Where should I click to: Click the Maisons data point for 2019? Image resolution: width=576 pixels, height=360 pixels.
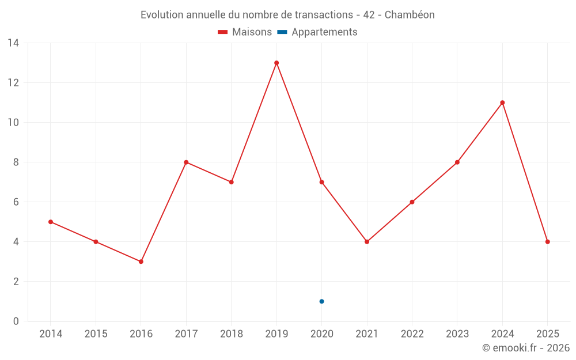pyautogui.click(x=276, y=63)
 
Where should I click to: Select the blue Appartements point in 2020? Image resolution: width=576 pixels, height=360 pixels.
pyautogui.click(x=321, y=301)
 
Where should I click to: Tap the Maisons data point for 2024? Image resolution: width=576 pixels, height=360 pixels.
pyautogui.click(x=502, y=103)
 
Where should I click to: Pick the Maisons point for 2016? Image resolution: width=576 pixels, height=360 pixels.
pyautogui.click(x=141, y=262)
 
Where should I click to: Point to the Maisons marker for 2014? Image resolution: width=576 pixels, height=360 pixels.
pyautogui.click(x=51, y=222)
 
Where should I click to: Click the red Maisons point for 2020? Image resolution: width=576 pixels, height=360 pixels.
pyautogui.click(x=321, y=182)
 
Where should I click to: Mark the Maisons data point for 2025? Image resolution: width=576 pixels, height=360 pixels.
pyautogui.click(x=547, y=242)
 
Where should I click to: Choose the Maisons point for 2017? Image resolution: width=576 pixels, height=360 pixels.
pyautogui.click(x=186, y=162)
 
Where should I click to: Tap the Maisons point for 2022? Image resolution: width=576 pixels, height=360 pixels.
pyautogui.click(x=412, y=202)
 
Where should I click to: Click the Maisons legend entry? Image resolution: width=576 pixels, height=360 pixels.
pyautogui.click(x=245, y=32)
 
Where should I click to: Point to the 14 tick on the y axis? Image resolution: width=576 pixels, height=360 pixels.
pyautogui.click(x=13, y=43)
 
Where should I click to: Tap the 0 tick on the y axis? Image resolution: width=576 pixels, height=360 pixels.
pyautogui.click(x=16, y=321)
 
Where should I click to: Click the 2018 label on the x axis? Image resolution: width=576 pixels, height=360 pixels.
pyautogui.click(x=231, y=334)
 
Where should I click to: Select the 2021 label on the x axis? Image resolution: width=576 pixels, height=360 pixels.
pyautogui.click(x=367, y=334)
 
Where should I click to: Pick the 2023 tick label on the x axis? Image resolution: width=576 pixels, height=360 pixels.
pyautogui.click(x=457, y=334)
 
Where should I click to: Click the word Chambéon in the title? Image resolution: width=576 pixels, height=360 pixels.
pyautogui.click(x=410, y=14)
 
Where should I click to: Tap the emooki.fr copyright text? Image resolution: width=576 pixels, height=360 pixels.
pyautogui.click(x=526, y=348)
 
